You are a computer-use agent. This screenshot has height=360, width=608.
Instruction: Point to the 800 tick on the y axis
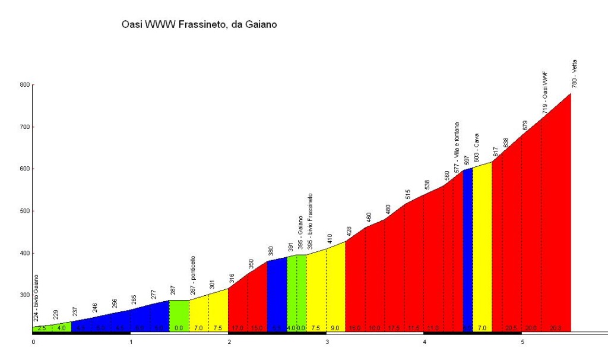tap(25, 85)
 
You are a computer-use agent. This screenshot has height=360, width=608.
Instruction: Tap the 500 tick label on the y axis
tap(25, 211)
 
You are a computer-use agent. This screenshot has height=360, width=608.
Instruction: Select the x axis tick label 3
tap(327, 343)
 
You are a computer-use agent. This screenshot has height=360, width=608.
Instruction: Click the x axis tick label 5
tap(522, 343)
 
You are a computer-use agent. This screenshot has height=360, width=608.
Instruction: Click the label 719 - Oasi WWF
tap(544, 93)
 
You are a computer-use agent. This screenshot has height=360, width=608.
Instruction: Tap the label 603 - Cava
tap(476, 148)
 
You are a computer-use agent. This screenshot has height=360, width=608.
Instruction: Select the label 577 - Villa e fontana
tap(457, 147)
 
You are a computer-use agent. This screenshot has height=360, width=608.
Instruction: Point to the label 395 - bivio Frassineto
tap(310, 219)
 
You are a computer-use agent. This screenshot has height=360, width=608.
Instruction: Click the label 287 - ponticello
tap(192, 276)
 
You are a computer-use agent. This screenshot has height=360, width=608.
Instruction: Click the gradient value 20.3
tap(555, 327)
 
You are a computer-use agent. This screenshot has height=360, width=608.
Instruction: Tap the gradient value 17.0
tap(237, 327)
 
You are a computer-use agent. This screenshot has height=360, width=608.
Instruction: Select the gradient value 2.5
tap(42, 327)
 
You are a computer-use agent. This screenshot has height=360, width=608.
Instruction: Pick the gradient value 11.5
tap(413, 327)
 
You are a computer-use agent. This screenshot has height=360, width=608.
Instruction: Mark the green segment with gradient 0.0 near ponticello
tap(179, 315)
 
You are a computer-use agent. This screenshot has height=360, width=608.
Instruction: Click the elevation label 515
tap(408, 194)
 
